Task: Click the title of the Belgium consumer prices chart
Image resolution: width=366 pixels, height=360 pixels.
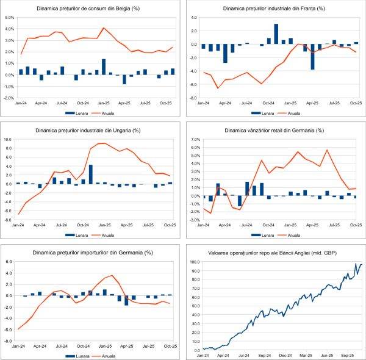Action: (90, 9)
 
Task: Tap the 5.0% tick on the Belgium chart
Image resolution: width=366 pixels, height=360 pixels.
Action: (9, 18)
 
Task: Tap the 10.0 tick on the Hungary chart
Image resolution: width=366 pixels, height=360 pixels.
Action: (9, 139)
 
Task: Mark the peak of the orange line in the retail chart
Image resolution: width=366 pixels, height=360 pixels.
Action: (327, 150)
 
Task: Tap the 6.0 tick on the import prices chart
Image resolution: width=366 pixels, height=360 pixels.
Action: (9, 262)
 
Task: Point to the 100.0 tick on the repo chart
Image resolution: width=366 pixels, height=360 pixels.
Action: (193, 262)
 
